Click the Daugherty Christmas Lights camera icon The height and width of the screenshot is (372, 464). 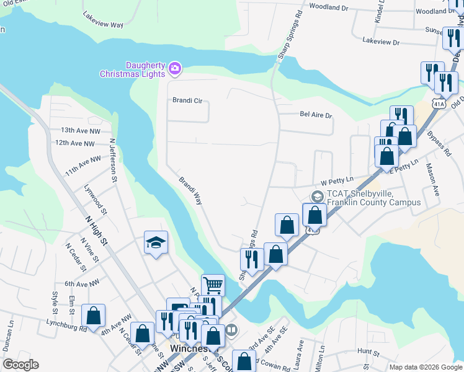pyautogui.click(x=175, y=68)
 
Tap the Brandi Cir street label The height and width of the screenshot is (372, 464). pyautogui.click(x=187, y=100)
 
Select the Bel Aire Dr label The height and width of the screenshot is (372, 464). pyautogui.click(x=316, y=115)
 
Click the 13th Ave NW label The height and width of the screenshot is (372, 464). pyautogui.click(x=76, y=131)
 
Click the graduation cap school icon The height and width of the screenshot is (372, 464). pyautogui.click(x=156, y=242)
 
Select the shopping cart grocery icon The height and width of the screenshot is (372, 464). pyautogui.click(x=213, y=285)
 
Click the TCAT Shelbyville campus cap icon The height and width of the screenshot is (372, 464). pyautogui.click(x=317, y=197)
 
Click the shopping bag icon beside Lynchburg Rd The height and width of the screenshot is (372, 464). pyautogui.click(x=93, y=316)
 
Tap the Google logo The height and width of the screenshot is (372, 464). pyautogui.click(x=20, y=365)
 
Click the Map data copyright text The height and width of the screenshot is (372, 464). pyautogui.click(x=425, y=367)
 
